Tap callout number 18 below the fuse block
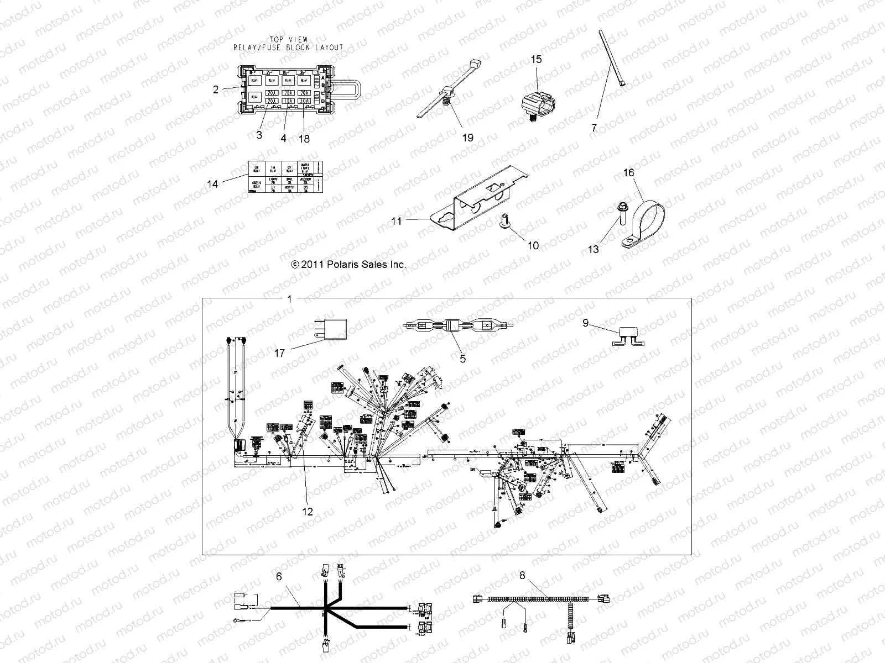pyautogui.click(x=304, y=139)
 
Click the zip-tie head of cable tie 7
pyautogui.click(x=623, y=84)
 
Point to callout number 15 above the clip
pyautogui.click(x=537, y=59)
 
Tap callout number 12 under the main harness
pyautogui.click(x=308, y=512)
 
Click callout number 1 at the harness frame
pyautogui.click(x=290, y=299)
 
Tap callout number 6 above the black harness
pyautogui.click(x=279, y=576)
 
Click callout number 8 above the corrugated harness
pyautogui.click(x=522, y=575)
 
